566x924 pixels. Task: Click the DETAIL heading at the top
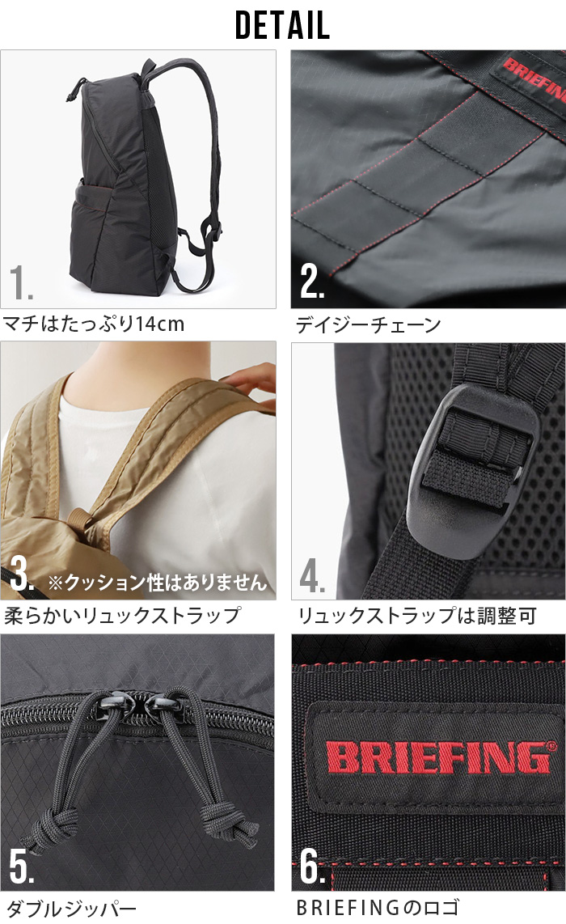(x=282, y=25)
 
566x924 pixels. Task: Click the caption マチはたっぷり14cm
(x=94, y=325)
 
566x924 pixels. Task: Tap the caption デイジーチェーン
(x=368, y=325)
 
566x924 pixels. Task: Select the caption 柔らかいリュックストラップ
(x=122, y=616)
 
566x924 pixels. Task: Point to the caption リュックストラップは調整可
(x=417, y=616)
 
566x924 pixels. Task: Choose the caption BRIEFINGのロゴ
(x=378, y=908)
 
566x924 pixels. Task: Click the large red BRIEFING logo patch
(x=437, y=756)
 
